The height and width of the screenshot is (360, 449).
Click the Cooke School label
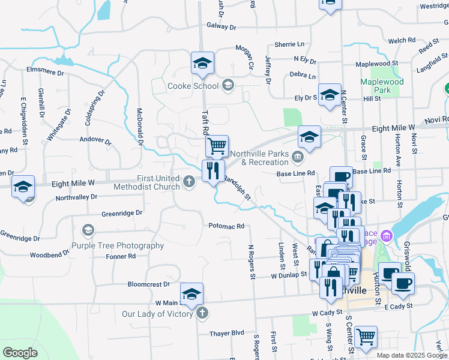(193, 86)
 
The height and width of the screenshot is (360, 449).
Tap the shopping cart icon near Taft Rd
(217, 145)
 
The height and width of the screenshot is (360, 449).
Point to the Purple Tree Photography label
(118, 245)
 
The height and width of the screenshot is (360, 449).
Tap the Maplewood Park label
(382, 86)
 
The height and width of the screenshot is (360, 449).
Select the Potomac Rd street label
(226, 226)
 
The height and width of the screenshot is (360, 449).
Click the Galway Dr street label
(221, 27)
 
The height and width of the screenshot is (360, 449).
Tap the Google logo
(20, 353)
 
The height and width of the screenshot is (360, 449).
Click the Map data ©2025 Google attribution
(412, 355)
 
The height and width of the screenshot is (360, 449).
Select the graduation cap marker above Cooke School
(203, 62)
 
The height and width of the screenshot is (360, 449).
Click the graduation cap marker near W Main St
(191, 294)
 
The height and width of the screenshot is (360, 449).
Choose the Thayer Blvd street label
(227, 333)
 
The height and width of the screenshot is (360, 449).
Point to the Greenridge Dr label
(122, 213)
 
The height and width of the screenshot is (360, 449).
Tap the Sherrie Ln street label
(289, 44)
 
